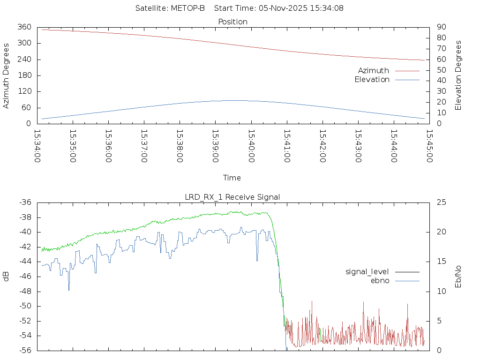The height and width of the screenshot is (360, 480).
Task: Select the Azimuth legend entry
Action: (374, 71)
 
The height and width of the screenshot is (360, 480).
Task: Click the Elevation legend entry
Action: (372, 80)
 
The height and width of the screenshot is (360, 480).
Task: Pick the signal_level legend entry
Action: (367, 272)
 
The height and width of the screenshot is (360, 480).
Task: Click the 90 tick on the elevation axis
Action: (440, 27)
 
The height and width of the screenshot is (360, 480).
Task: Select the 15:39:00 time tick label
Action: (215, 146)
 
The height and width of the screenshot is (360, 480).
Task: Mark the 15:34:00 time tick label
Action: (37, 146)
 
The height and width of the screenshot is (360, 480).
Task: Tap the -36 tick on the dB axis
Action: (25, 202)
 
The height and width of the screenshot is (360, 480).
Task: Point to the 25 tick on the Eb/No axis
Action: (441, 202)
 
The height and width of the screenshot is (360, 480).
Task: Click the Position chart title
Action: (232, 22)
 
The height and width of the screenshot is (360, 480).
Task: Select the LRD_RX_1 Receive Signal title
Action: (232, 197)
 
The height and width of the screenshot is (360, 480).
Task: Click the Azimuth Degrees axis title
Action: (7, 75)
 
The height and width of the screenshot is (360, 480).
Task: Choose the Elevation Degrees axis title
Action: (459, 75)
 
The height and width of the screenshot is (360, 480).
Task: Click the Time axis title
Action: (232, 178)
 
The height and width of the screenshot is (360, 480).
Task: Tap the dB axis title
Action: (7, 277)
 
